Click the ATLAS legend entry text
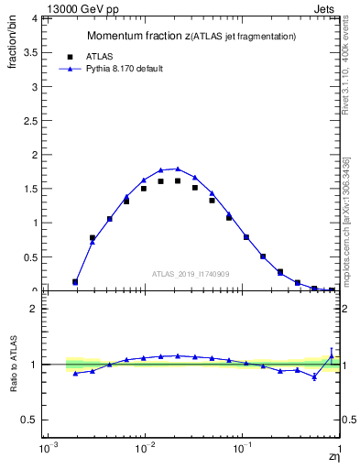pos(99,56)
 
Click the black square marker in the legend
pos(69,56)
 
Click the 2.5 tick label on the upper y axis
pos(28,120)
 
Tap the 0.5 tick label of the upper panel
pos(28,256)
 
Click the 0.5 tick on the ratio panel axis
pos(28,420)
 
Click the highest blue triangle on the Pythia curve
pos(178,169)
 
